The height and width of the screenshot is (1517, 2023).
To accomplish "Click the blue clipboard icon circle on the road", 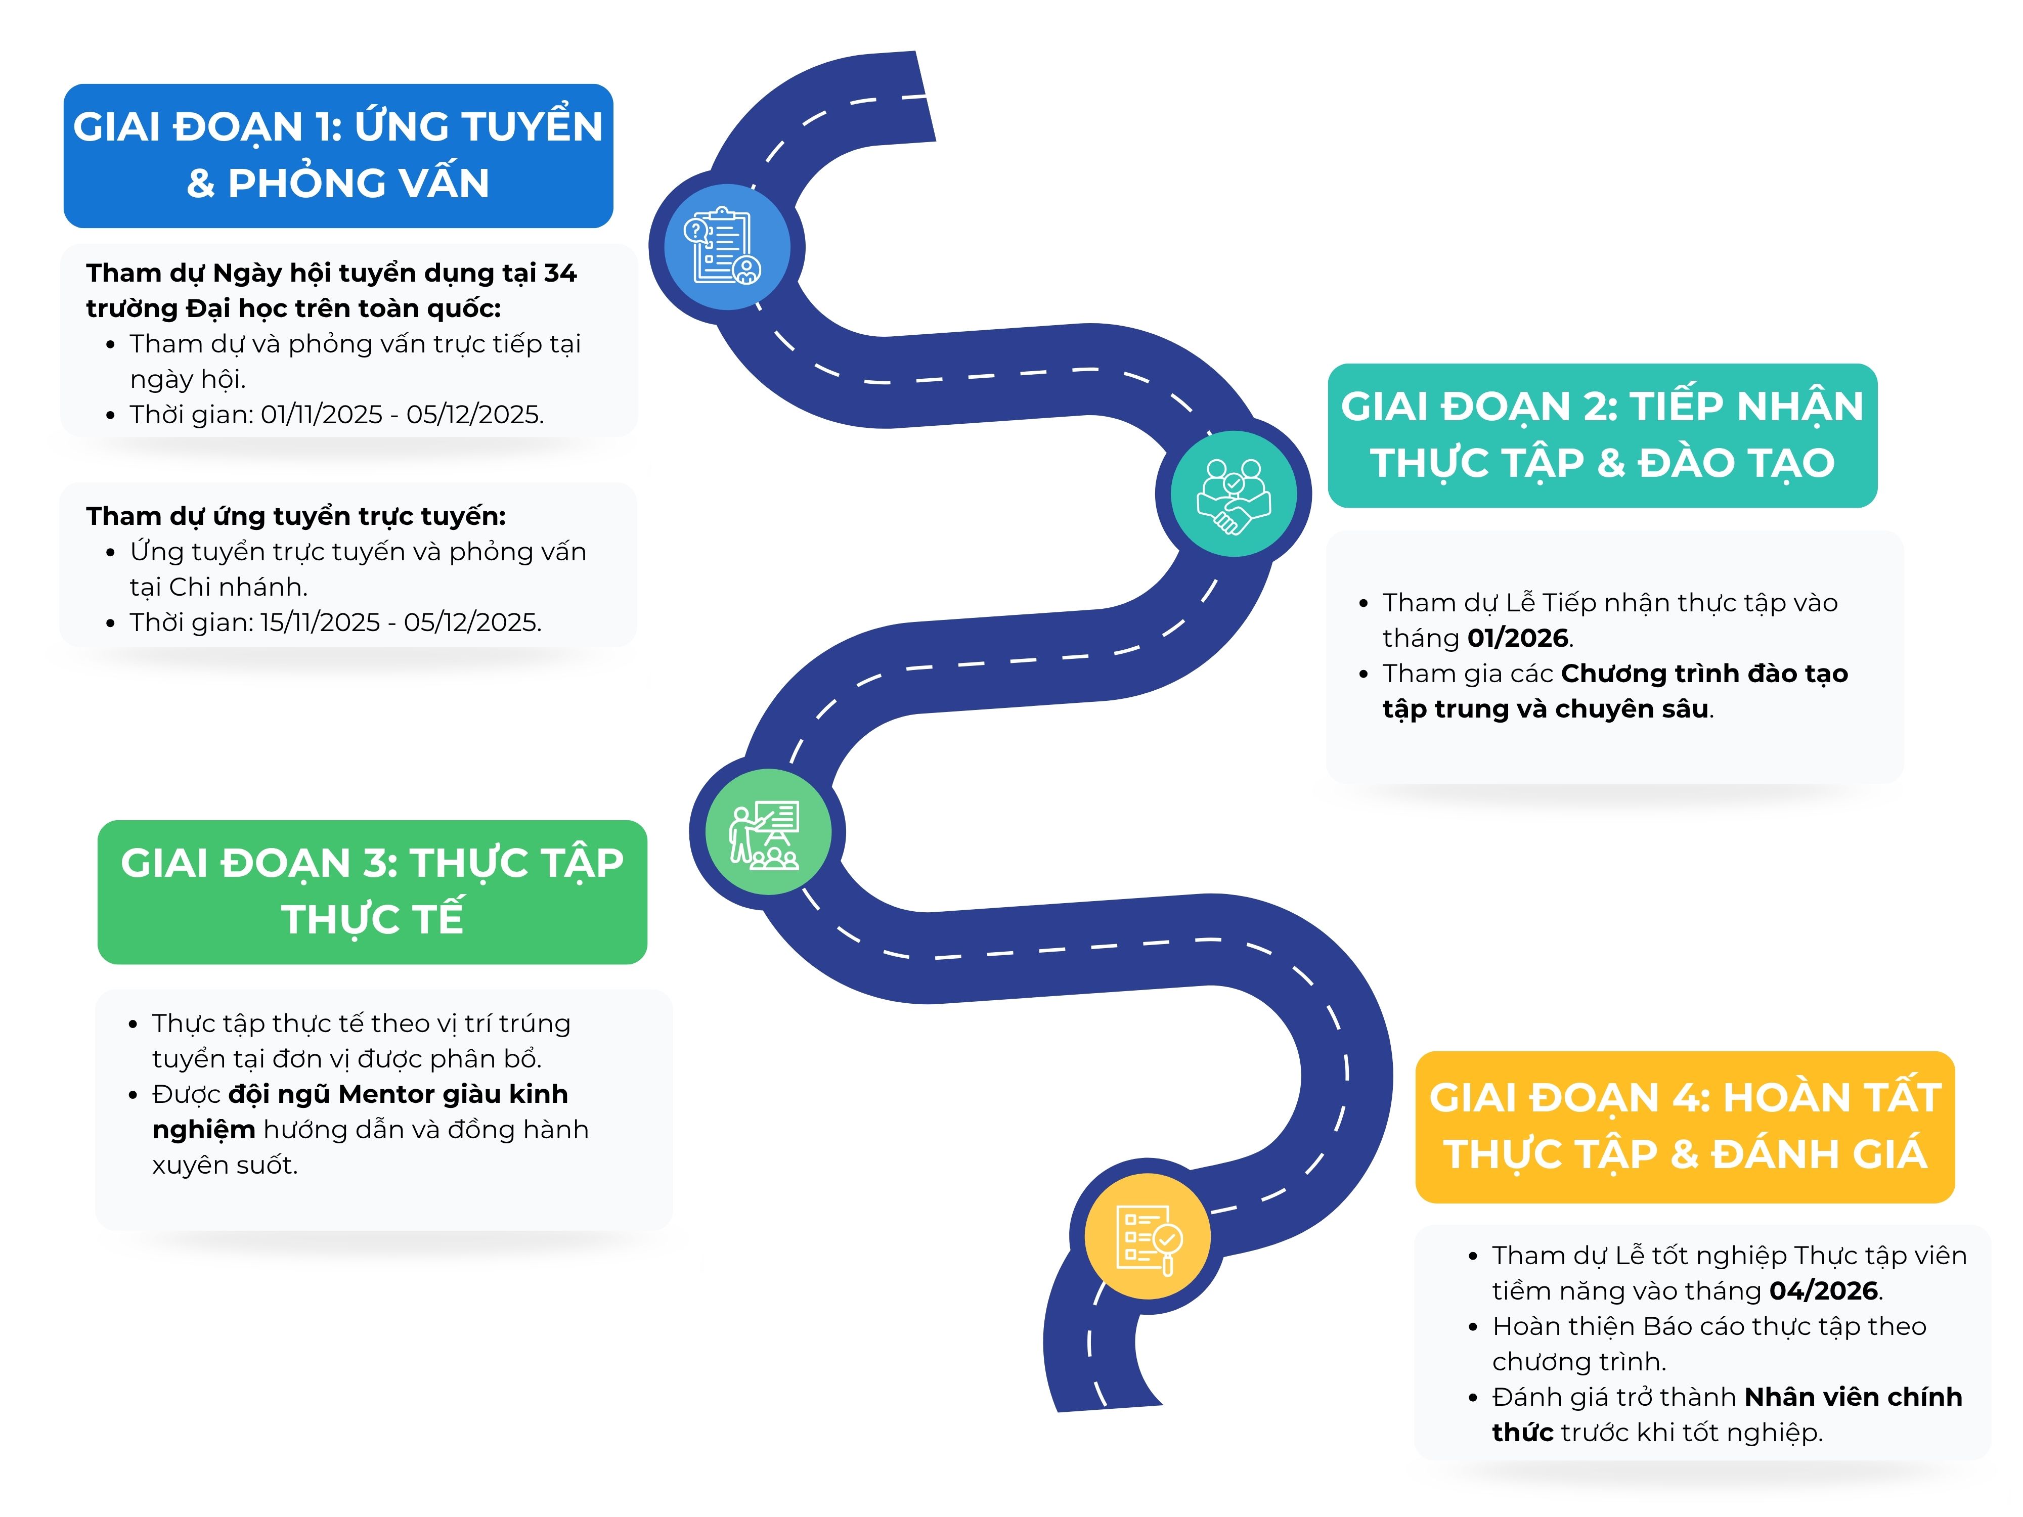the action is tap(726, 246).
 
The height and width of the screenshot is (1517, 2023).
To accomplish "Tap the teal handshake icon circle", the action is tap(1233, 494).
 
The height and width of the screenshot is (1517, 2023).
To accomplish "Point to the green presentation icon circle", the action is tap(767, 832).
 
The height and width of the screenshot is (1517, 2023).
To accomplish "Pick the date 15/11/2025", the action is tap(320, 622).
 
